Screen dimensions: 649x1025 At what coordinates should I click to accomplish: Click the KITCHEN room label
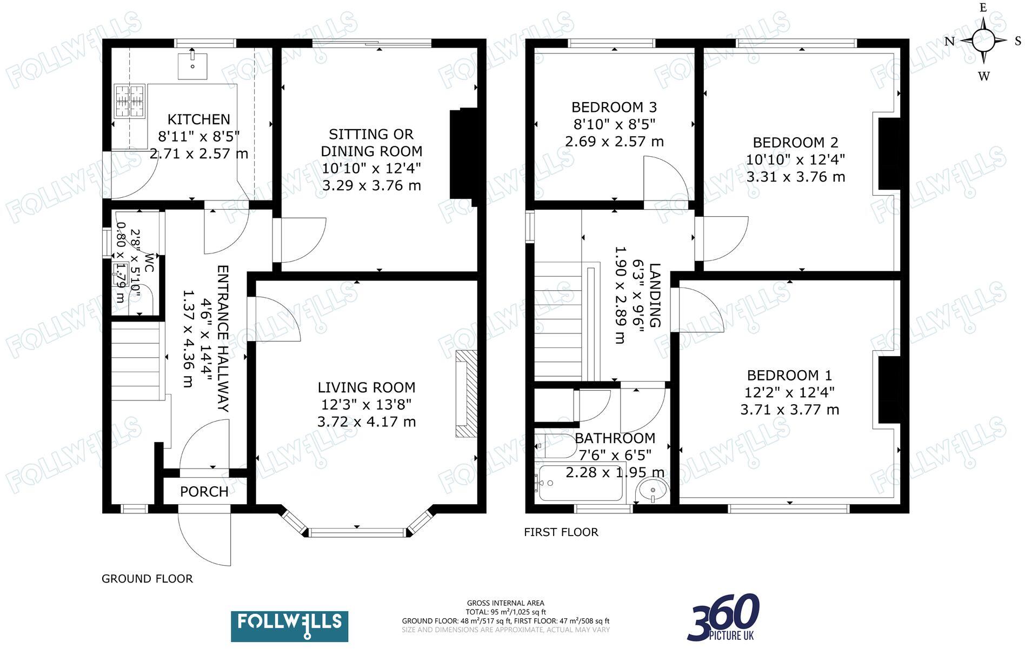point(198,119)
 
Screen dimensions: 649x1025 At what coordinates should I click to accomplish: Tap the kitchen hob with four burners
point(130,101)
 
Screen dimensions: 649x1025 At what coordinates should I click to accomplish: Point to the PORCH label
point(204,492)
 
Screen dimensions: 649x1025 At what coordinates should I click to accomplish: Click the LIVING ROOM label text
point(366,387)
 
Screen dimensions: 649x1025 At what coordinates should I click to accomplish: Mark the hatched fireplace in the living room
point(467,393)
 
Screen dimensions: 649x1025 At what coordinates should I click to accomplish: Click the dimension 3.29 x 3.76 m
point(371,186)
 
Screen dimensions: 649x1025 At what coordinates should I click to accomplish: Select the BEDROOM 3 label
point(614,107)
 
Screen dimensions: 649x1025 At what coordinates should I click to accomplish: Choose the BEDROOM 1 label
point(789,376)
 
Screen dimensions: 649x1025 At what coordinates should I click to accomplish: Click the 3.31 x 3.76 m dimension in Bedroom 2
point(795,177)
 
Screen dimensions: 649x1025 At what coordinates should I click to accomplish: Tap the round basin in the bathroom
point(653,491)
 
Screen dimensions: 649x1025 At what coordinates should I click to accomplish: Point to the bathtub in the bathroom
point(581,483)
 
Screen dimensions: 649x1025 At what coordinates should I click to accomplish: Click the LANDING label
point(655,295)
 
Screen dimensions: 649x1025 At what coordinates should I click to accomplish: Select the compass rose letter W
point(983,76)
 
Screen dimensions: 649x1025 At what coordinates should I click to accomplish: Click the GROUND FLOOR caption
point(147,579)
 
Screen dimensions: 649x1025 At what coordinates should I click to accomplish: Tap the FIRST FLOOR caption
point(561,532)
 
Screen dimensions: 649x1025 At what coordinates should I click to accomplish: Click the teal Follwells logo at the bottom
point(289,626)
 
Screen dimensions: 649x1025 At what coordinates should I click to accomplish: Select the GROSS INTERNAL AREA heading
point(505,603)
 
